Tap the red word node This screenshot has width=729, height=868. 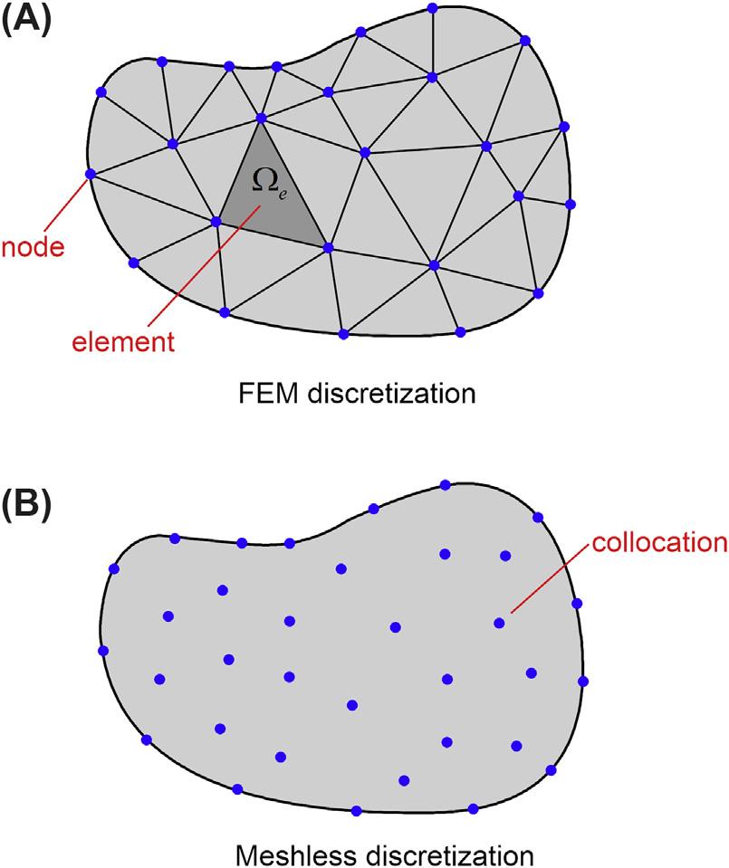click(33, 247)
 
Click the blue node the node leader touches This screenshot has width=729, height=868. click(90, 174)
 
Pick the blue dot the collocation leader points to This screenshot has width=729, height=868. click(499, 623)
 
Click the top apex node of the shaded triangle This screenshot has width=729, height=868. click(262, 118)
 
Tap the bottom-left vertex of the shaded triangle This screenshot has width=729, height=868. click(216, 220)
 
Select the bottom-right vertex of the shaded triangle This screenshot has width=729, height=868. click(328, 247)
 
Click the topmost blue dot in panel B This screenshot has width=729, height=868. click(445, 485)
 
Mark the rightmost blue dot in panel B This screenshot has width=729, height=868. click(583, 681)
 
